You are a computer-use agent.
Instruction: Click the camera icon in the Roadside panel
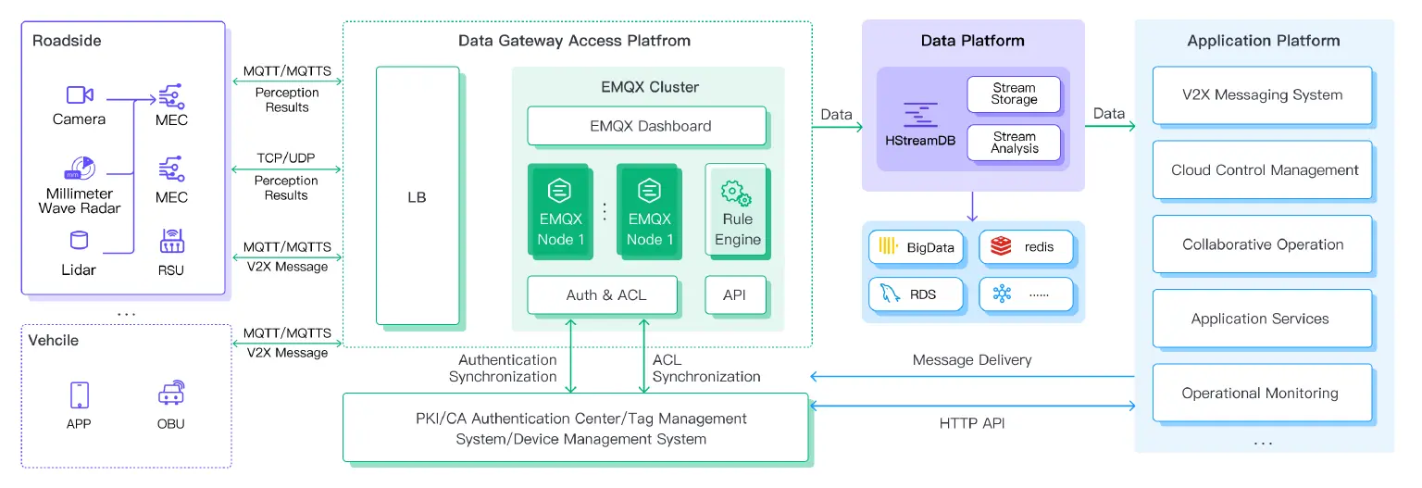tap(79, 94)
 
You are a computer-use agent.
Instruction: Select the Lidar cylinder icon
tap(79, 242)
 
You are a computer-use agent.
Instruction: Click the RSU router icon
tap(171, 242)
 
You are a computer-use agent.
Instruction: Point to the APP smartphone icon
tap(79, 394)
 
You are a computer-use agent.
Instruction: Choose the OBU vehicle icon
tap(171, 394)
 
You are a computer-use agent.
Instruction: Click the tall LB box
tap(417, 196)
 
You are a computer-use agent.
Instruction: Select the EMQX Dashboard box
tap(646, 126)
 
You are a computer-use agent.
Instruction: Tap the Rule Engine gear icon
tap(736, 194)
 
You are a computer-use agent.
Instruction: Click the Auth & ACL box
tap(605, 295)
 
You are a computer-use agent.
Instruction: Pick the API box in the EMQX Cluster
tap(736, 295)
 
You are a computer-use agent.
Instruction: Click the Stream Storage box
tap(1014, 94)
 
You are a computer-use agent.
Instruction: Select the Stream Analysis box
tap(1014, 143)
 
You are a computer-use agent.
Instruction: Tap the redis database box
tap(1027, 247)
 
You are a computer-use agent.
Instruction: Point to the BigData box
tap(917, 247)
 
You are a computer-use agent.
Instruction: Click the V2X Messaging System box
tap(1261, 94)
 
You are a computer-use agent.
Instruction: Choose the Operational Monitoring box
tap(1261, 393)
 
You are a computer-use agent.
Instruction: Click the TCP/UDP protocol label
tap(286, 158)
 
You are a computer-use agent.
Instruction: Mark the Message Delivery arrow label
tap(971, 360)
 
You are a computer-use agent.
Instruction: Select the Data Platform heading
tap(972, 41)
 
